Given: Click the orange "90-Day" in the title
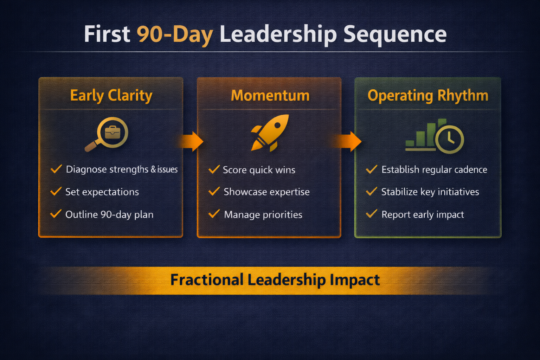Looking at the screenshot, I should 175,34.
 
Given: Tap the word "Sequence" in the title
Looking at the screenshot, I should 395,34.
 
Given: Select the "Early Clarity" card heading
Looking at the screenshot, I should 111,95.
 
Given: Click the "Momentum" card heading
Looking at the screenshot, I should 270,96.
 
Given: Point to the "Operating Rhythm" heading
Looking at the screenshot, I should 428,96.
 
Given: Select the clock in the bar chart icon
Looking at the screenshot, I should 449,139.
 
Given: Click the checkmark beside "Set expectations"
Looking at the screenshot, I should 56,192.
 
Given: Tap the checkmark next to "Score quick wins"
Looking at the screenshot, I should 214,170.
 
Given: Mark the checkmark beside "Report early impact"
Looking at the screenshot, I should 372,214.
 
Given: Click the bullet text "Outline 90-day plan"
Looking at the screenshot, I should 109,214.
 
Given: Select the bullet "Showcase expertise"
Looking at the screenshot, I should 266,192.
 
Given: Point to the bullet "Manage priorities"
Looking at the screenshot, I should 263,214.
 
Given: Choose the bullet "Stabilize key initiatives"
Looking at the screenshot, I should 430,192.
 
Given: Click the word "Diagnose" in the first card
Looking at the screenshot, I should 86,169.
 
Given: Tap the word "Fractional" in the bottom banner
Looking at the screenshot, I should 207,280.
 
